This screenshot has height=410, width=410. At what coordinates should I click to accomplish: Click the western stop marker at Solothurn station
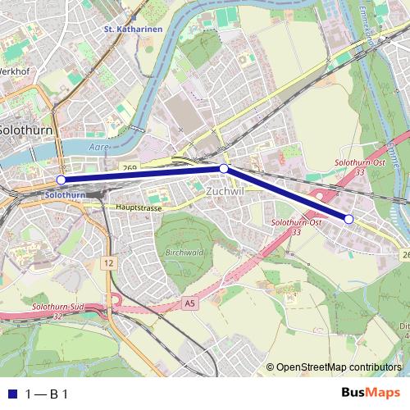61,180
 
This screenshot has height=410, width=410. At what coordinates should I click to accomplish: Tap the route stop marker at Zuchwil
224,168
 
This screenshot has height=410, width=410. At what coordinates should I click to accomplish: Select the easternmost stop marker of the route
348,219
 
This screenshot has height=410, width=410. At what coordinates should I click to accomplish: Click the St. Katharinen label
133,30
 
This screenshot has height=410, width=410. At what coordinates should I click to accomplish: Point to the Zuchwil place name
225,190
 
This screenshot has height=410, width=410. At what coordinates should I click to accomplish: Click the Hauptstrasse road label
140,208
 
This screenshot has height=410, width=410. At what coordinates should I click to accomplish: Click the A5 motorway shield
191,303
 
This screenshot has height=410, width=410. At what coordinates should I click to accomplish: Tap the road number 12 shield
108,262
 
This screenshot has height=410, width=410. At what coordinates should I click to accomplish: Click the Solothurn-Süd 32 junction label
55,312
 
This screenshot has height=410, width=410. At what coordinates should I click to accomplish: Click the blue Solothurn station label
66,195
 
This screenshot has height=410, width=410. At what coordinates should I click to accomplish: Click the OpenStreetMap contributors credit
339,368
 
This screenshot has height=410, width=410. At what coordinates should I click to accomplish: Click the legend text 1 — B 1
48,394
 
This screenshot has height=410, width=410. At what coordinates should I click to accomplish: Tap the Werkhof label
14,71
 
